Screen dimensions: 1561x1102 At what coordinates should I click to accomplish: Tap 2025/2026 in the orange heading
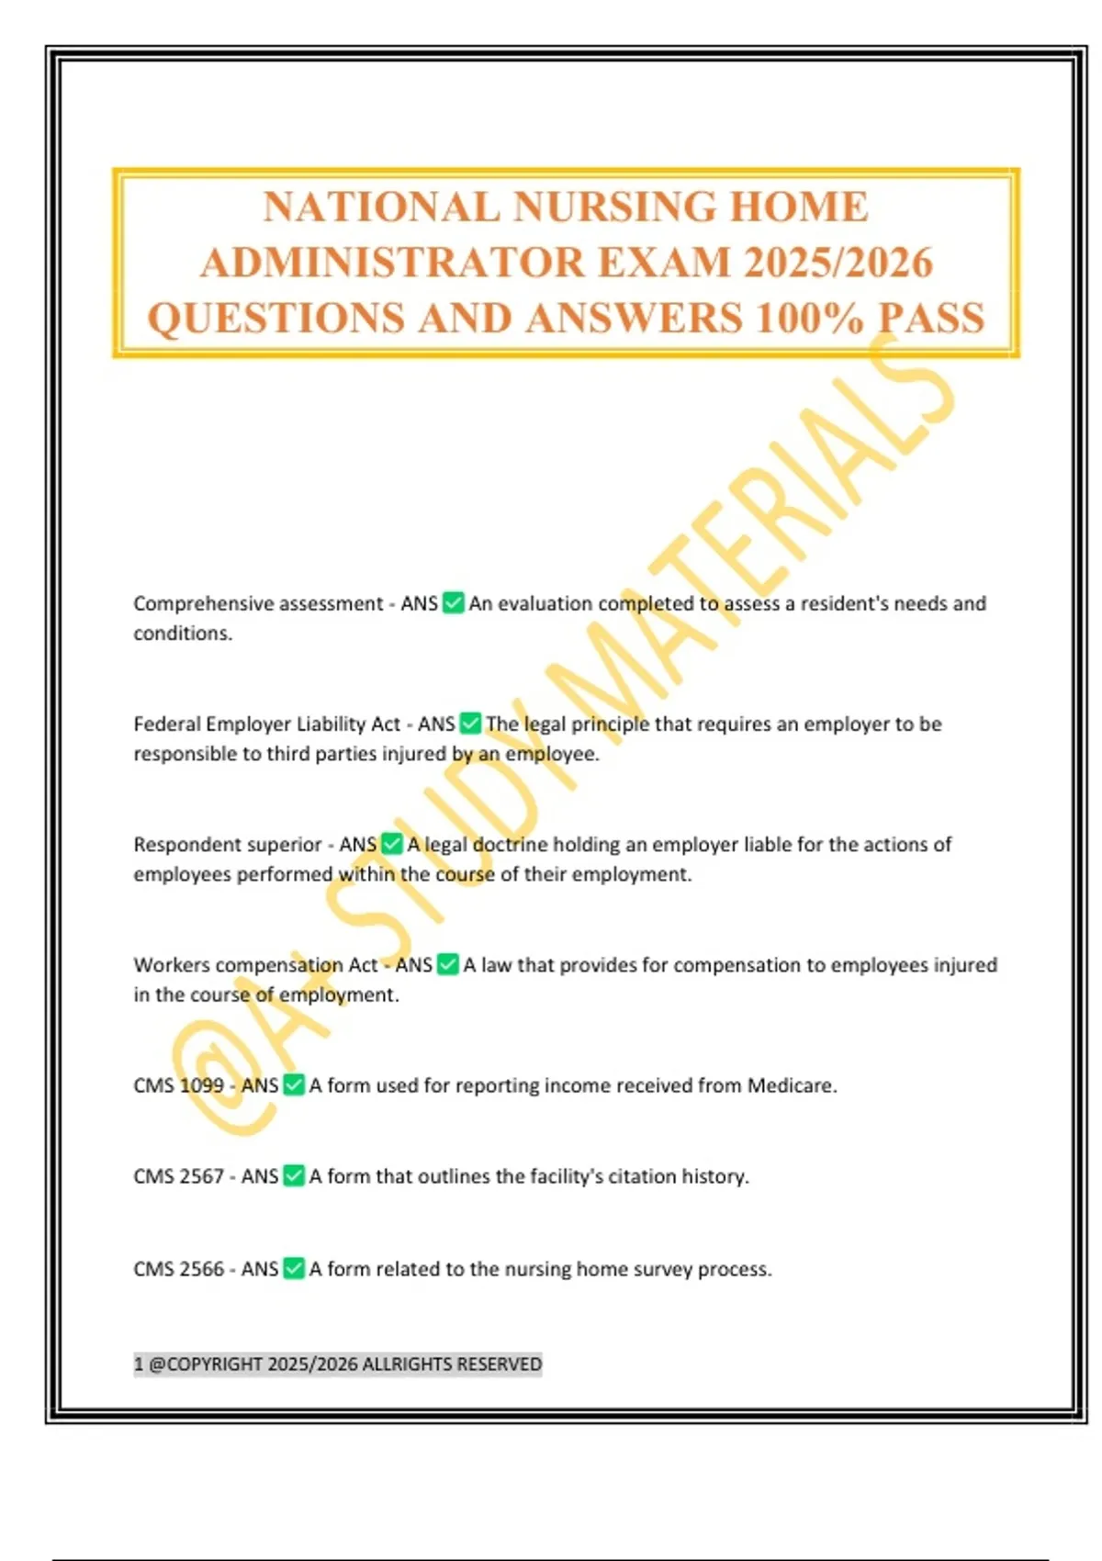click(838, 263)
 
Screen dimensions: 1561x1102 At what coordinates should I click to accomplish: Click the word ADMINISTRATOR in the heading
click(392, 263)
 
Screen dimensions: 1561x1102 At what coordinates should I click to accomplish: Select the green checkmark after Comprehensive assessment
click(453, 603)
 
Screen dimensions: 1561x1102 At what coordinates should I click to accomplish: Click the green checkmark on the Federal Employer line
click(470, 724)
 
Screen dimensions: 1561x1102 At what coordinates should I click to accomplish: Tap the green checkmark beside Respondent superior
click(392, 844)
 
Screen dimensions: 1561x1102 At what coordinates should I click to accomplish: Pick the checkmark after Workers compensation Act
click(447, 965)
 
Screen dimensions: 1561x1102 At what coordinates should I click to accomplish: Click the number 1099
click(201, 1085)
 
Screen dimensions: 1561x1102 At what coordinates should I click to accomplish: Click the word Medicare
click(791, 1085)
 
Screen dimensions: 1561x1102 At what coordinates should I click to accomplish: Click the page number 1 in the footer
click(139, 1364)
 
